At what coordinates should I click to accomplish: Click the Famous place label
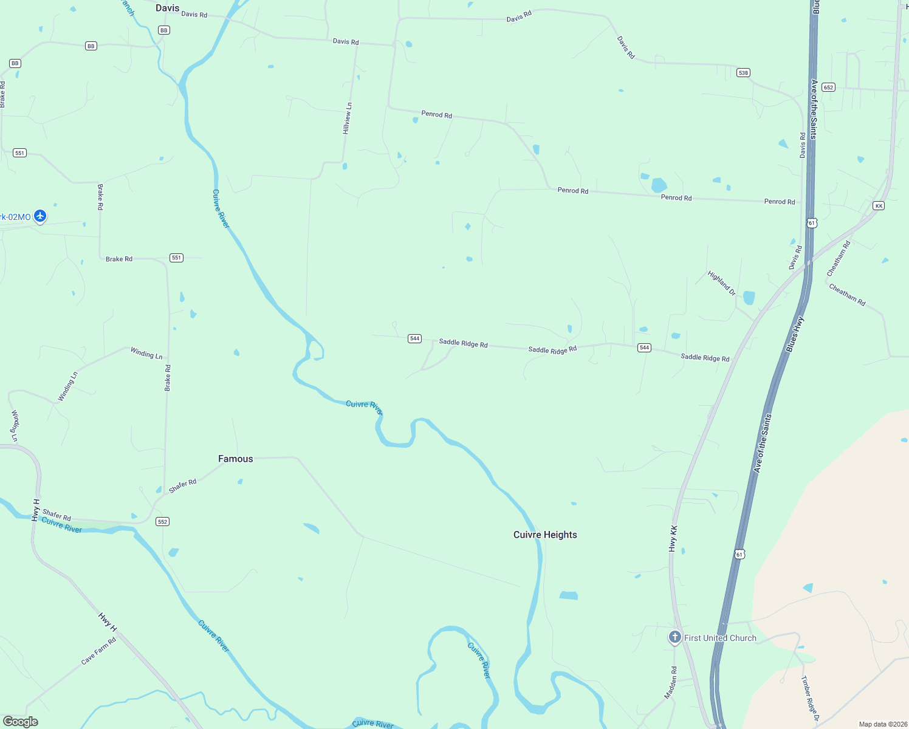235,459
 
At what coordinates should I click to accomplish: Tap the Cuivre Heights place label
545,535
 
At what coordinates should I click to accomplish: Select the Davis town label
167,8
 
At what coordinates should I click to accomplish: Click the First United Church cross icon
674,637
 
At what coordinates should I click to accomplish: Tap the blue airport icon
40,216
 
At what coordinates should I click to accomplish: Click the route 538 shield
743,73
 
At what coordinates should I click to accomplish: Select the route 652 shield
829,87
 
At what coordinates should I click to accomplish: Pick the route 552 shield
162,522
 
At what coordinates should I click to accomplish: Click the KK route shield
879,206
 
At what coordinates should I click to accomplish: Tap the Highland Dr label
721,283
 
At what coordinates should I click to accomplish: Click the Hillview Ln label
347,118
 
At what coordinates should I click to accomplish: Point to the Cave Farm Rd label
98,651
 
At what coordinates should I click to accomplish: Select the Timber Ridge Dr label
810,698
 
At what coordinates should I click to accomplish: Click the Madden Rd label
670,682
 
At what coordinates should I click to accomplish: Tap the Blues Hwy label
795,334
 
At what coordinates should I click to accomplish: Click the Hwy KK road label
673,538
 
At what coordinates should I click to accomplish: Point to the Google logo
21,722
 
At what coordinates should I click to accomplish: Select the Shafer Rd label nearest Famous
182,486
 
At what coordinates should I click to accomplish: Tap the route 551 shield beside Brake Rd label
176,258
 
